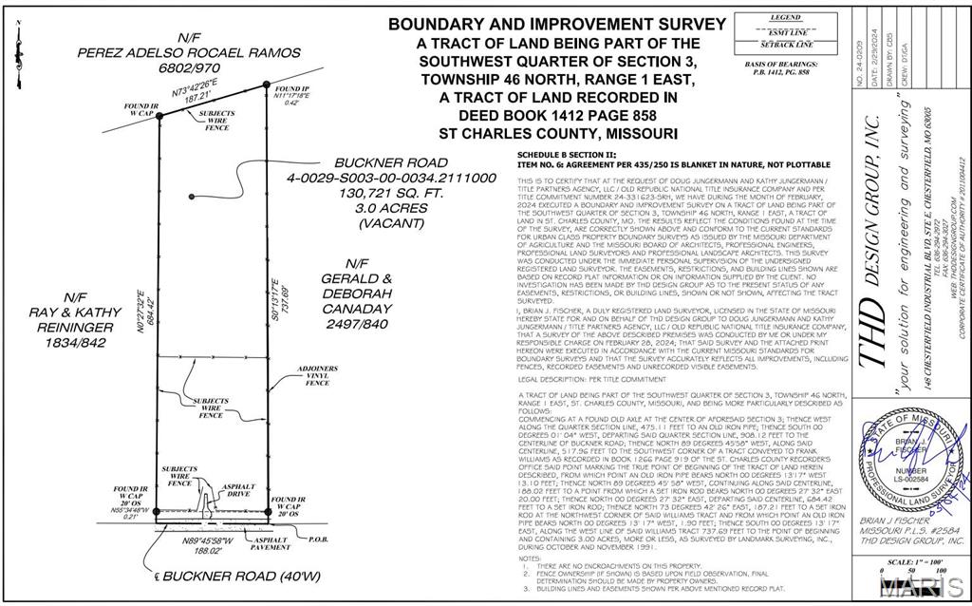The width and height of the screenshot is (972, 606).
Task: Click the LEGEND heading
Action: pyautogui.click(x=786, y=17)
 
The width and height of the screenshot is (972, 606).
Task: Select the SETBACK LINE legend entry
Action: pyautogui.click(x=786, y=45)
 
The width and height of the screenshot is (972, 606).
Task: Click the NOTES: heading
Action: pyautogui.click(x=530, y=559)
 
